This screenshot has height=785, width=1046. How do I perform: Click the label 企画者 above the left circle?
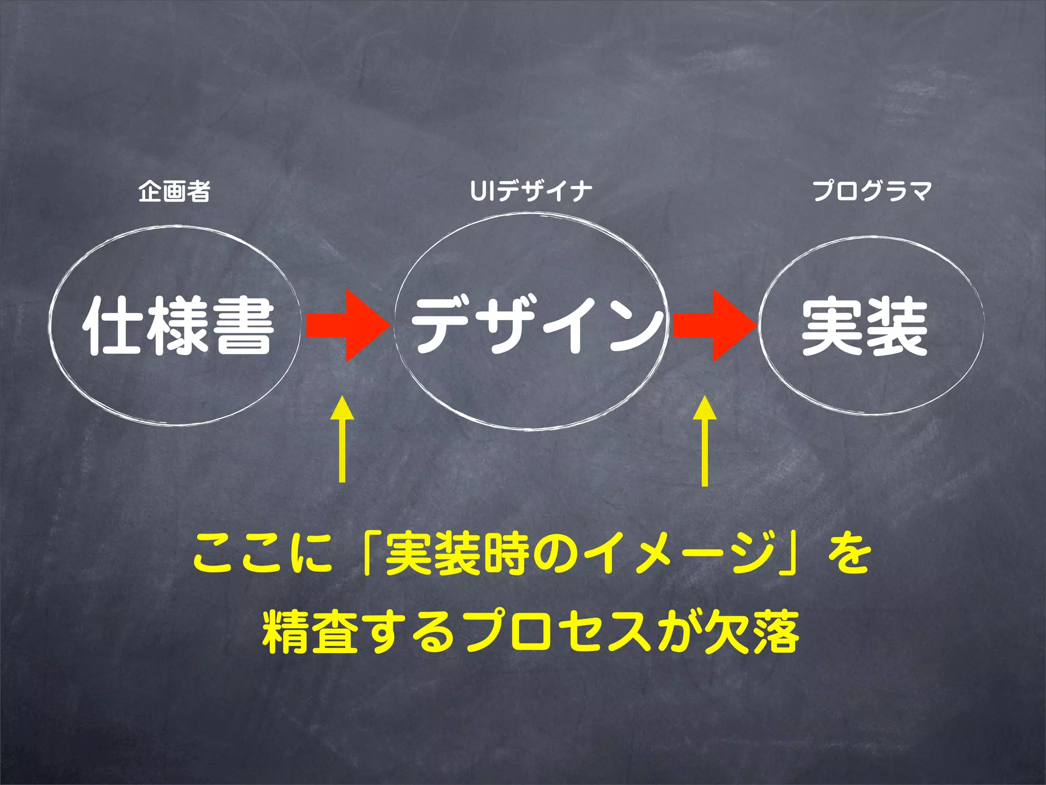174,192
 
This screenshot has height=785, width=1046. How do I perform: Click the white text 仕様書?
178,326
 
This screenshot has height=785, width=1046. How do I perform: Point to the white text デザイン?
536,326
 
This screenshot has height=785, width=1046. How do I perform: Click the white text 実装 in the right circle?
864,327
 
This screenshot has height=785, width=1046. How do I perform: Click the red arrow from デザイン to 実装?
714,326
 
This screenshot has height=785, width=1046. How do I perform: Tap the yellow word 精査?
311,631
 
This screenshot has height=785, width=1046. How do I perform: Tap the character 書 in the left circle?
244,327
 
